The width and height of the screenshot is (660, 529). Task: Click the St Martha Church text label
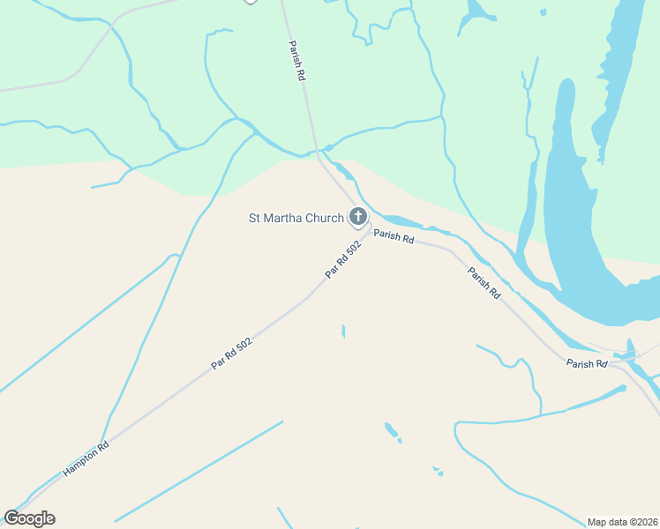[x=295, y=218]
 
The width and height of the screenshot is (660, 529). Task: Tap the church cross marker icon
[x=357, y=216]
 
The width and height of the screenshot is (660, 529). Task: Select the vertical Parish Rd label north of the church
[x=297, y=61]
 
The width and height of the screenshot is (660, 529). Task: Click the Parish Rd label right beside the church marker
[x=394, y=235]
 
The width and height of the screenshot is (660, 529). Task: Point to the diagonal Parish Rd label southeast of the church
[x=484, y=282]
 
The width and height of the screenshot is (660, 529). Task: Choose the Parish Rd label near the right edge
[x=587, y=363]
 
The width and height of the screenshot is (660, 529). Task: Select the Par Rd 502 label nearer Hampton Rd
[x=232, y=354]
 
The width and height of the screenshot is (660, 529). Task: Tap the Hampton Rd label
[x=86, y=458]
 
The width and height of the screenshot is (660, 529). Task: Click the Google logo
[x=29, y=518]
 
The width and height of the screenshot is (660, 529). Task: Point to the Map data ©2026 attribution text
[x=623, y=521]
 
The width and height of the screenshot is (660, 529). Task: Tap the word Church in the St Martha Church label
[x=324, y=218]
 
